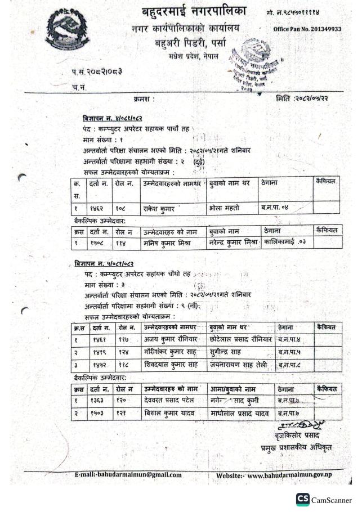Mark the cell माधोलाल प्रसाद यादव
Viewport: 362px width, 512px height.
pos(242,415)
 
